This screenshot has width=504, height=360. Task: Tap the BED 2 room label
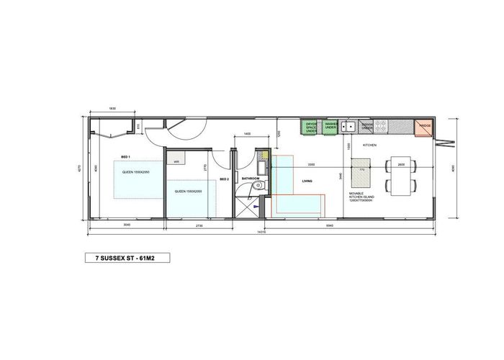point(224,179)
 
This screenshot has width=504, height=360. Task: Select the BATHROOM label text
point(250,178)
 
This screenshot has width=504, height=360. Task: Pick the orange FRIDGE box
point(425,127)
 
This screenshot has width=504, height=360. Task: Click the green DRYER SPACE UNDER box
point(311,127)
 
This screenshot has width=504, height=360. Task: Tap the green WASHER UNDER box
point(331,127)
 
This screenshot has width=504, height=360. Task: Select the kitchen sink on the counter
point(349,127)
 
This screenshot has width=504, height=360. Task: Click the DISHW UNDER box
point(367,127)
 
